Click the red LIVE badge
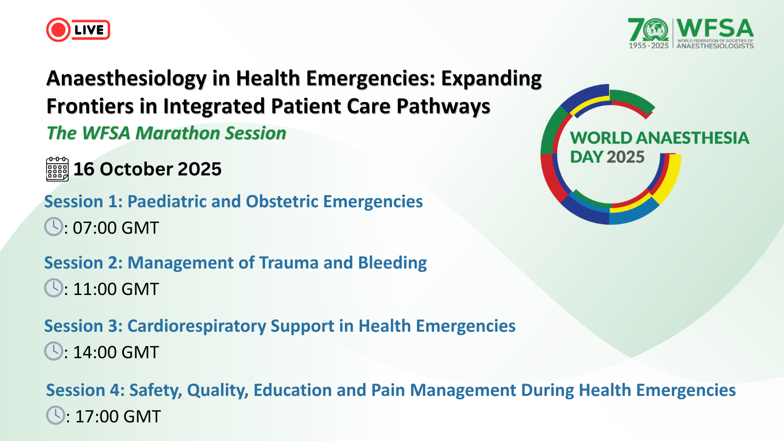(x=78, y=30)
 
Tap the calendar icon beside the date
(x=57, y=169)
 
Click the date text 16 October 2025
(x=147, y=169)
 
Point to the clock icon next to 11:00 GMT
(x=53, y=288)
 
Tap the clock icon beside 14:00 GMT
(x=53, y=351)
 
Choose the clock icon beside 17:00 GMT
(x=56, y=415)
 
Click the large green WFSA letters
(x=715, y=28)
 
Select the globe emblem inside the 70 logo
(x=656, y=30)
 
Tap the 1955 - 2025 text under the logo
(x=649, y=46)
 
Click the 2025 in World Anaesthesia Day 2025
(x=625, y=157)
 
